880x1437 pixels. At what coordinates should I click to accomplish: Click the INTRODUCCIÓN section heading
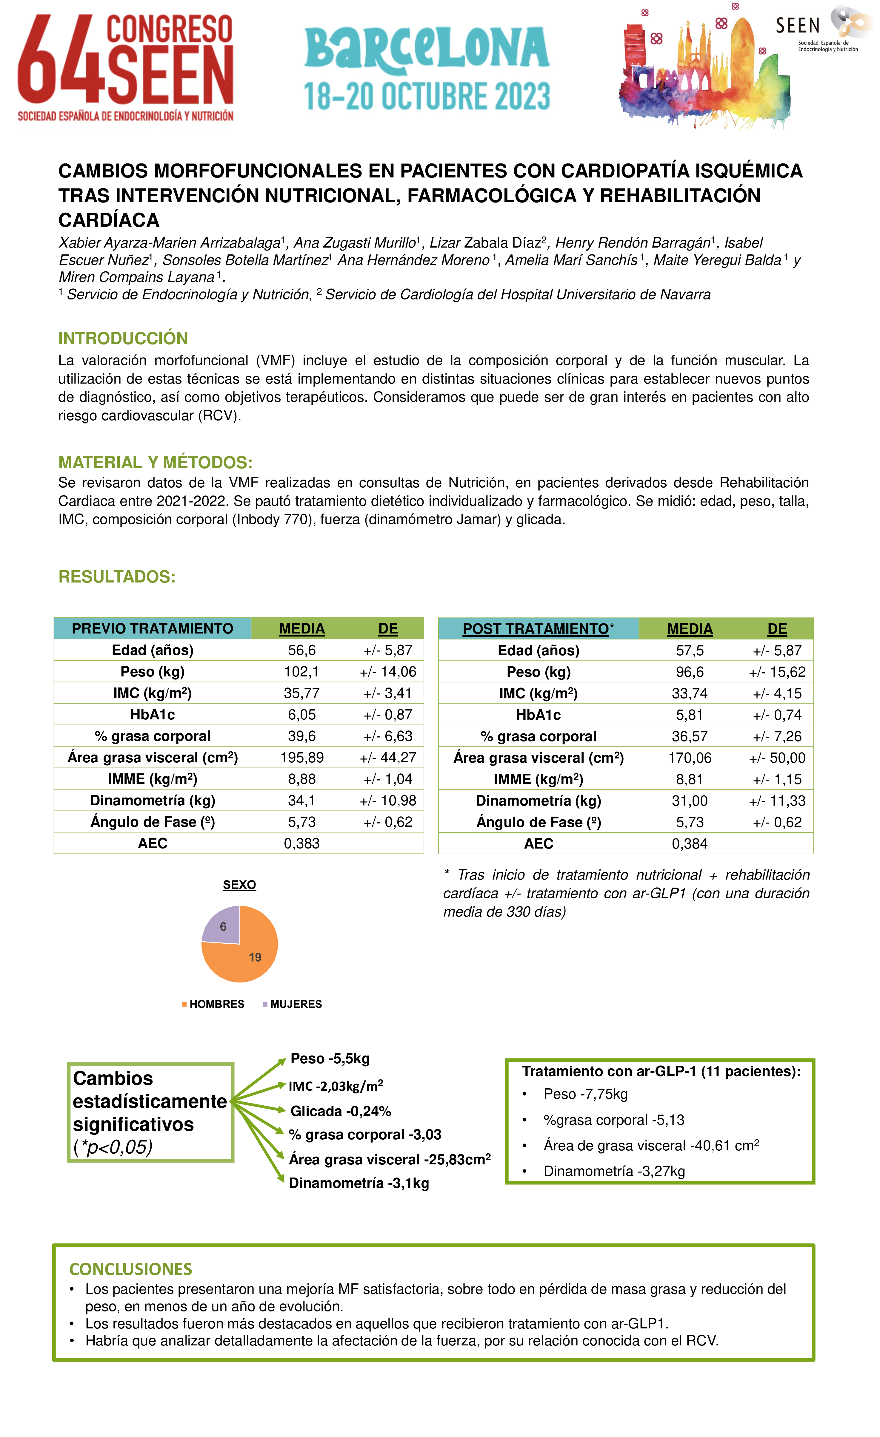pos(123,338)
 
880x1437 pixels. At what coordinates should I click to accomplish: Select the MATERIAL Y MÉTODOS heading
pos(155,463)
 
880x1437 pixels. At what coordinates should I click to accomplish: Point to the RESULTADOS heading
pos(117,577)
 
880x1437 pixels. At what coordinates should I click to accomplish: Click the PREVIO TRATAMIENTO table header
pos(152,629)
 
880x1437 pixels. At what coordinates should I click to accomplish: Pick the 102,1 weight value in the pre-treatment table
pos(302,672)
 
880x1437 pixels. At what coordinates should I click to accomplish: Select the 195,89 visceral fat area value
pos(302,758)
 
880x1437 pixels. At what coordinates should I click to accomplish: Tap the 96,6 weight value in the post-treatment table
pos(690,672)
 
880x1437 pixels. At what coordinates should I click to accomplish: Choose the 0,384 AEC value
pos(690,844)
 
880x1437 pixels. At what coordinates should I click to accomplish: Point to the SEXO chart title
pos(239,885)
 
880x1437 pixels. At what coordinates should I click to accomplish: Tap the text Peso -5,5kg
pos(330,1059)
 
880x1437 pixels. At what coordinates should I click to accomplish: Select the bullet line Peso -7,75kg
pos(585,1094)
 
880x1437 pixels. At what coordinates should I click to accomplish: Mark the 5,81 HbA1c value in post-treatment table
pos(690,715)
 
